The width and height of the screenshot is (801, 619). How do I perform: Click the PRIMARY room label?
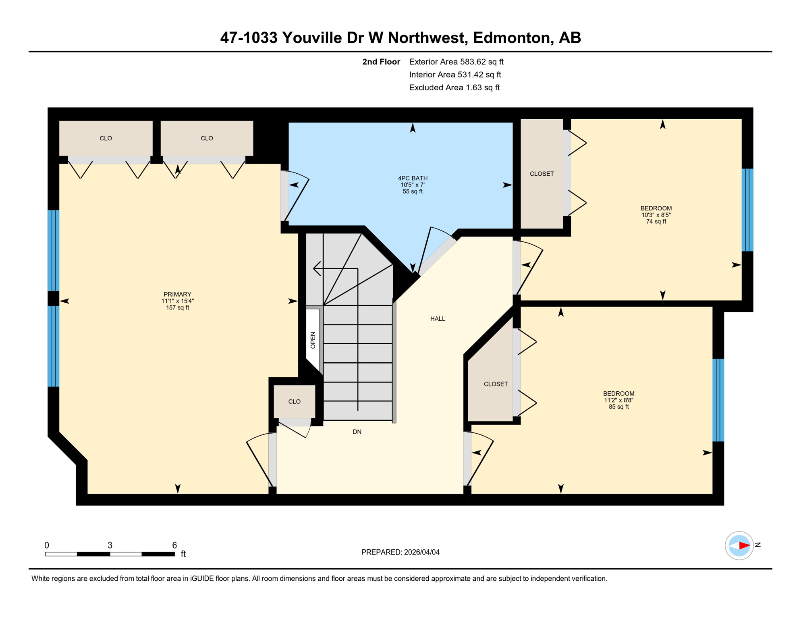(177, 295)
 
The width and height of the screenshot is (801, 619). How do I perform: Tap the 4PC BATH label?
(413, 178)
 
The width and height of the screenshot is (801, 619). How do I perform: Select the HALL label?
(438, 319)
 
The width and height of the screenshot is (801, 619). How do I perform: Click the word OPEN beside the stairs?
(313, 340)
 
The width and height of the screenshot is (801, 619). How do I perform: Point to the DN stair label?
(357, 432)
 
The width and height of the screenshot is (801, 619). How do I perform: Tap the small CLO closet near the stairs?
(295, 402)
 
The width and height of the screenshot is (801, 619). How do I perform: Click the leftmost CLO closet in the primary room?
(106, 138)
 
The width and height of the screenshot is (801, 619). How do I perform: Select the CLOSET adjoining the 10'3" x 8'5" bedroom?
(542, 174)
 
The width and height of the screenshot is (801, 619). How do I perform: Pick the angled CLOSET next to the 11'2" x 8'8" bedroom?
(496, 384)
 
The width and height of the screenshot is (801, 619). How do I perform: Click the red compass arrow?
(744, 546)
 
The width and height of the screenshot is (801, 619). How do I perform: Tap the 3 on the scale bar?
(110, 545)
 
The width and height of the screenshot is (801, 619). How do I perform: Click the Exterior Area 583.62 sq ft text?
(456, 62)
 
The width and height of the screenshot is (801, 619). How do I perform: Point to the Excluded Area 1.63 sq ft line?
(454, 87)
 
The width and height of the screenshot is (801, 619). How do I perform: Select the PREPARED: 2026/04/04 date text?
(400, 552)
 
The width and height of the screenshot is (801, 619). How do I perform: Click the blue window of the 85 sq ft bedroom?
(718, 400)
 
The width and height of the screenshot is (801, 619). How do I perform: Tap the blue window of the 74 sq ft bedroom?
(747, 210)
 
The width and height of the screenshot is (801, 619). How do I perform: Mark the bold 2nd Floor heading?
(381, 62)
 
